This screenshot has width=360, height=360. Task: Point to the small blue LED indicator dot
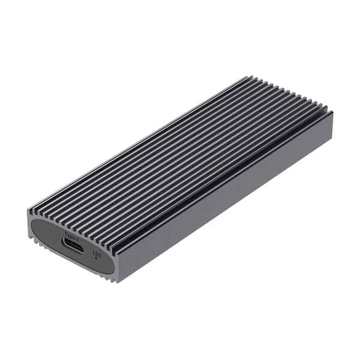pos(97,257)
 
